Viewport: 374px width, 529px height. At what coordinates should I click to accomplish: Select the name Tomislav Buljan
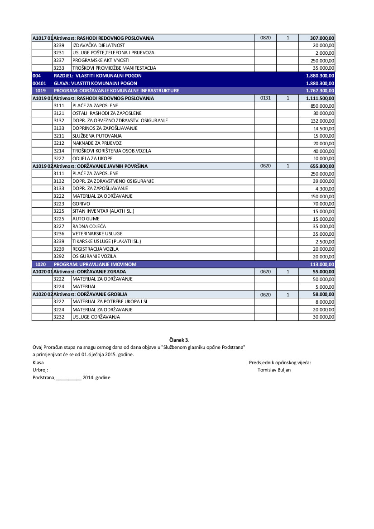pos(274,370)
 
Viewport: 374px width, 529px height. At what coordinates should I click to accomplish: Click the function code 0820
pos(265,38)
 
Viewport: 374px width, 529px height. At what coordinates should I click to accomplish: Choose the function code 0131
pos(265,98)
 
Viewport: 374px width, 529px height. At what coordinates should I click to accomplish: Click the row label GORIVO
pos(81,204)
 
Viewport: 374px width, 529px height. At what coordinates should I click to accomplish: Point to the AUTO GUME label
pos(86,219)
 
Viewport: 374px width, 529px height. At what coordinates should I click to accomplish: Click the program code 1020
pos(41,264)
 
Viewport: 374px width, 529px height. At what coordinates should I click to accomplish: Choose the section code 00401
pos(39,83)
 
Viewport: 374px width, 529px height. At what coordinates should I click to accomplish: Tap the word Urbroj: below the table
pos(40,370)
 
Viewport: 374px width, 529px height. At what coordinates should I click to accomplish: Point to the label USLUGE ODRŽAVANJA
pos(96,317)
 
